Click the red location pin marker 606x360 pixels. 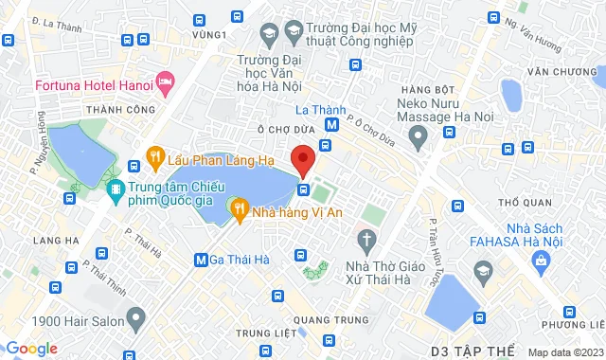(303, 158)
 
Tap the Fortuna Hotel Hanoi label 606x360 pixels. (93, 85)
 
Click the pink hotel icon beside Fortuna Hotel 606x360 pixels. (166, 81)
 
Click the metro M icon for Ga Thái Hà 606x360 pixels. (201, 259)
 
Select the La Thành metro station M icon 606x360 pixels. (331, 125)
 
